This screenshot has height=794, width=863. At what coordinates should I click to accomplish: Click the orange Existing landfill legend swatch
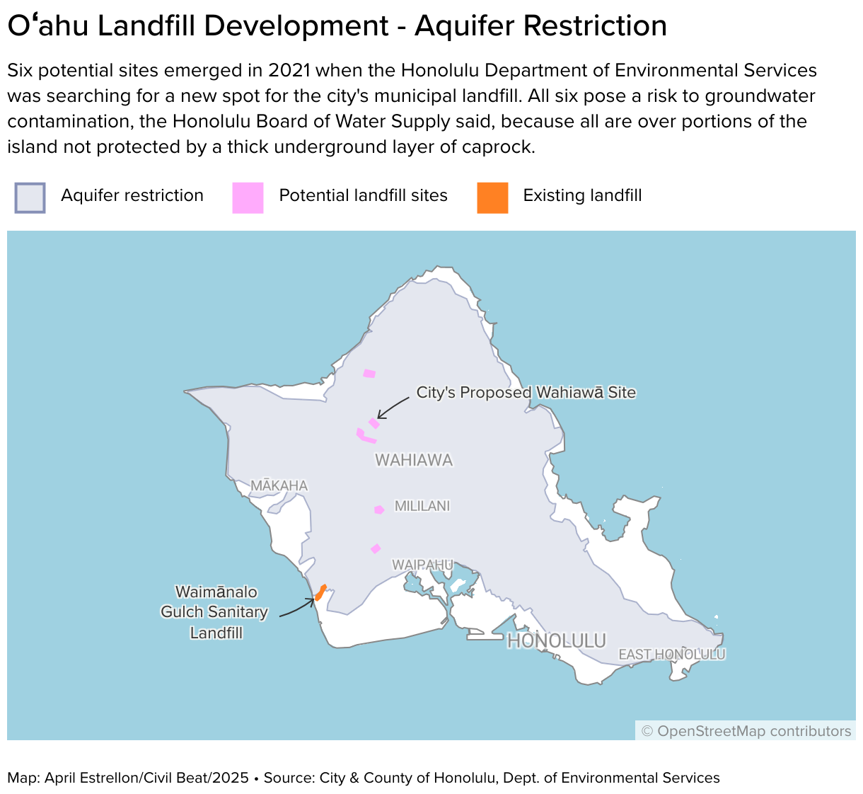[x=492, y=197]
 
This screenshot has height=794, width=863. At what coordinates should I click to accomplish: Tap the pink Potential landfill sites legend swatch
[x=248, y=197]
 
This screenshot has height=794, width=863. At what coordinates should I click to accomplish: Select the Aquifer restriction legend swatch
[x=30, y=197]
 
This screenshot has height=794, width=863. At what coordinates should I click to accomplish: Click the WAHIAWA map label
[x=414, y=460]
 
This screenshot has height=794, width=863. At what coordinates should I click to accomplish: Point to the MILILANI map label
[x=422, y=506]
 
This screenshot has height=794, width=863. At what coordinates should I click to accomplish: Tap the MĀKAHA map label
[x=279, y=485]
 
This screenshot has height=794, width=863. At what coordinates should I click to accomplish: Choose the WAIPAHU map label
[x=422, y=565]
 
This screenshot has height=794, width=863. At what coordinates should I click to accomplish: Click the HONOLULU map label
[x=557, y=641]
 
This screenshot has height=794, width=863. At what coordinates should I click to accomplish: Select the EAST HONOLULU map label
[x=671, y=655]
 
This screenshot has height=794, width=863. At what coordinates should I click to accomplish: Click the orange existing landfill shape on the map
[x=320, y=592]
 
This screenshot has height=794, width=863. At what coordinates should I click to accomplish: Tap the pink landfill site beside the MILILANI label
[x=379, y=510]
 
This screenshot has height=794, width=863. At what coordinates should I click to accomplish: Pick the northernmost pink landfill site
[x=369, y=374]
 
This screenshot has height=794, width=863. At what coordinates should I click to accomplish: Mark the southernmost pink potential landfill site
[x=376, y=548]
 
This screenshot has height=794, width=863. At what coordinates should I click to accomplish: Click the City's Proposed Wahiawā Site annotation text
[x=526, y=393]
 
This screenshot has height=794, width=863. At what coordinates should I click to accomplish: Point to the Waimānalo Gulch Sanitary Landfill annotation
[x=215, y=612]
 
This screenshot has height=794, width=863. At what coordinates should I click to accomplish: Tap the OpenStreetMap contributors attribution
[x=746, y=731]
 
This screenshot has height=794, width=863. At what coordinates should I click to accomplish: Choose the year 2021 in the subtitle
[x=289, y=71]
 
